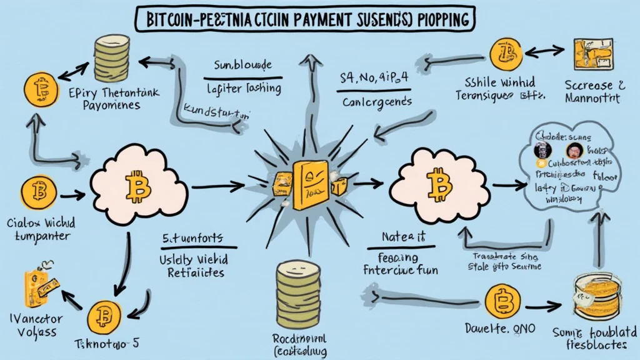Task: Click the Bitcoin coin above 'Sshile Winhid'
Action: (506, 54)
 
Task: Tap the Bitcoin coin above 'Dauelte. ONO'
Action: (503, 302)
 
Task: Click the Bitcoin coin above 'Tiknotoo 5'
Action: (103, 318)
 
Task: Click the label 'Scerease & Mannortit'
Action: (594, 91)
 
